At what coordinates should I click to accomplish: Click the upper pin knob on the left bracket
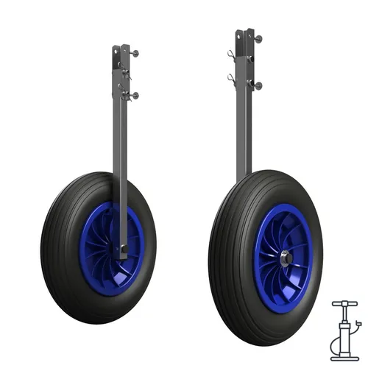[135, 53]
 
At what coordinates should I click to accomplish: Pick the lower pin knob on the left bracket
[135, 95]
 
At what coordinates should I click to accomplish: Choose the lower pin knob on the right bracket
[258, 85]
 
